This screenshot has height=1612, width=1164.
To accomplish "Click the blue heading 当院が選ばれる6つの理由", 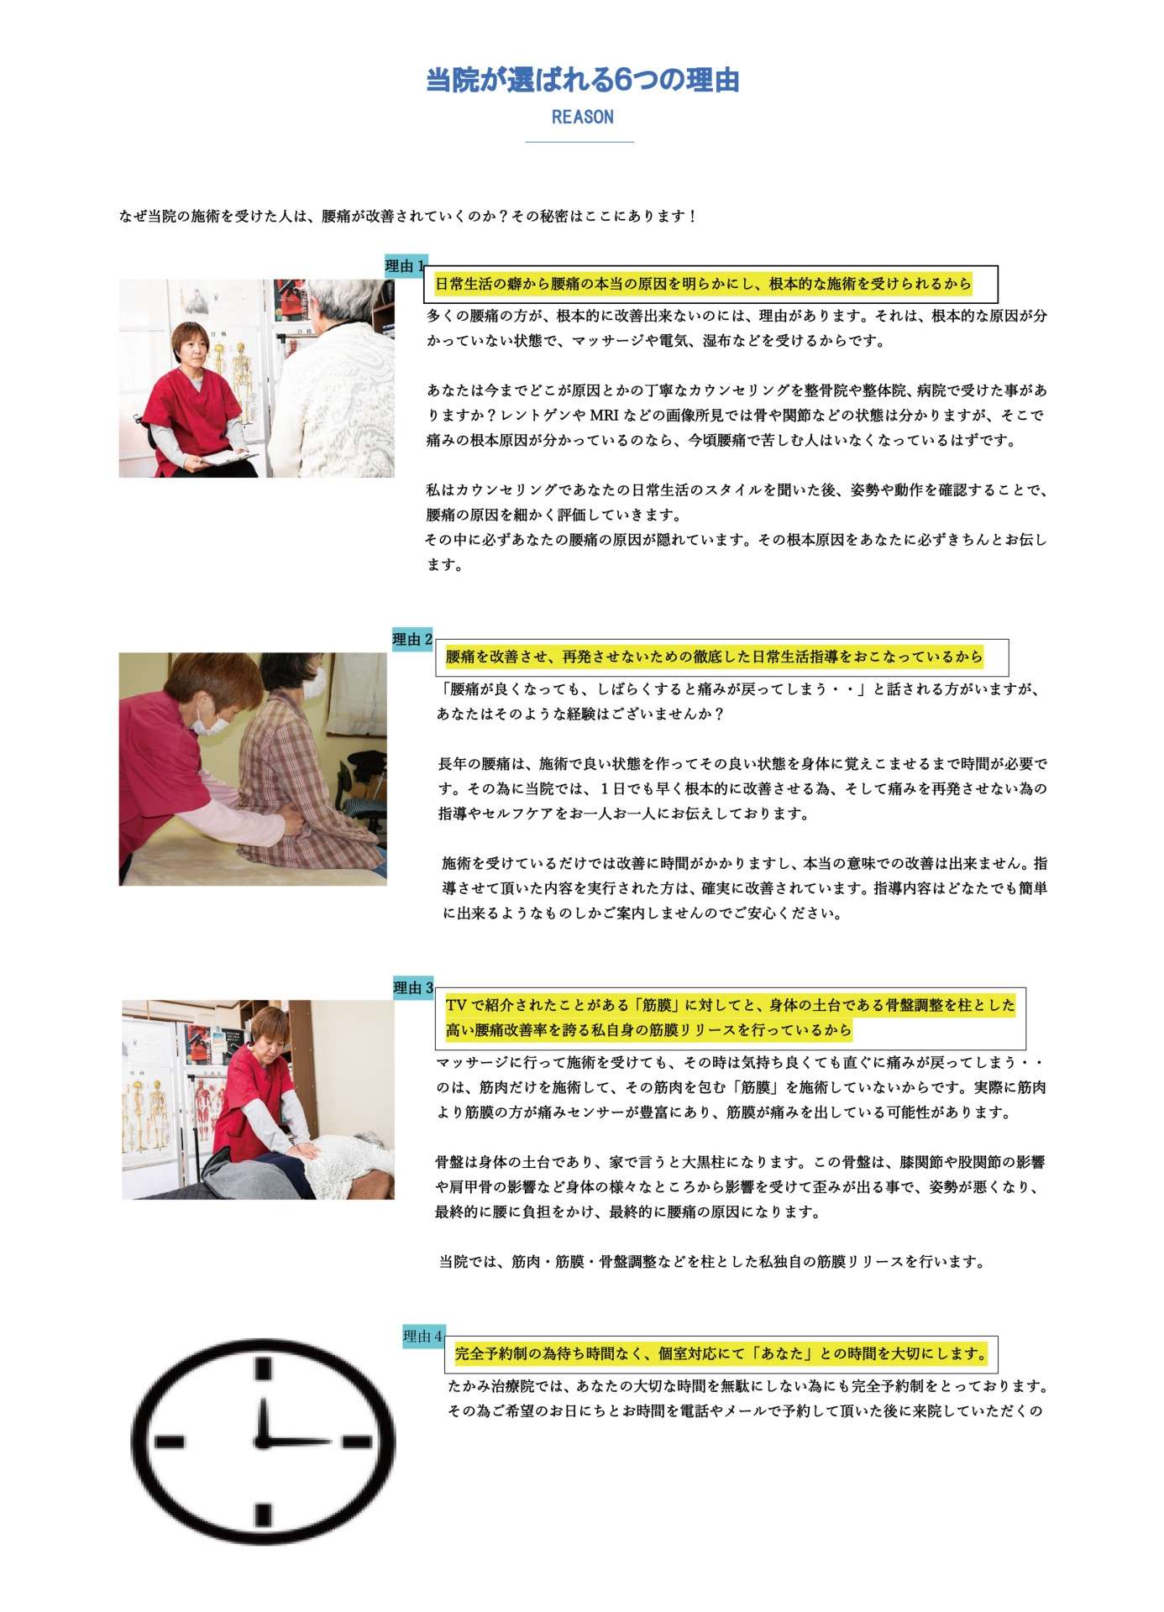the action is click(x=582, y=81).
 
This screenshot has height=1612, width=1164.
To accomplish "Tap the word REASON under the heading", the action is click(x=582, y=117).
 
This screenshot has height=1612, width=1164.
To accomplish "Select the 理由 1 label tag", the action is click(x=406, y=266).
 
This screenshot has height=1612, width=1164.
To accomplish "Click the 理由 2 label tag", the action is click(x=413, y=640).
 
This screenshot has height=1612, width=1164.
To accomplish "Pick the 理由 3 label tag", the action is click(x=414, y=988).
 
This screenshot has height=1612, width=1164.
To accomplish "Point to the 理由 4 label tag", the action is click(x=423, y=1336).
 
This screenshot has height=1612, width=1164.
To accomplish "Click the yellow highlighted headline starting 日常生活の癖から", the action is click(x=703, y=284).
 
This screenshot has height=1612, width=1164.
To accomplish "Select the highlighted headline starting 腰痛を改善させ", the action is click(x=714, y=657).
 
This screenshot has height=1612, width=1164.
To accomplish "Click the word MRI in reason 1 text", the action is click(x=604, y=416).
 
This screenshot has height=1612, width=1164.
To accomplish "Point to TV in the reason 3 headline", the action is click(x=455, y=1005).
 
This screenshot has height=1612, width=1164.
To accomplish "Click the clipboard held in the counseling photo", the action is click(x=228, y=457).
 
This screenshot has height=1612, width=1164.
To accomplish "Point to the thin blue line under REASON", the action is click(x=579, y=143).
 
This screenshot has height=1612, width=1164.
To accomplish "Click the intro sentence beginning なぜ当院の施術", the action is click(x=408, y=217).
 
